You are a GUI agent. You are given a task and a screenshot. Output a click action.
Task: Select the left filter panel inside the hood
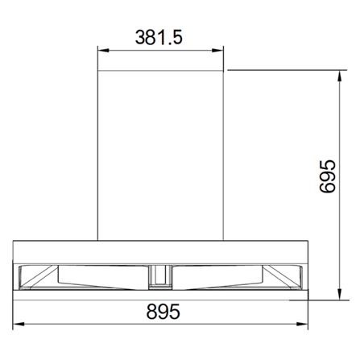point(85,277)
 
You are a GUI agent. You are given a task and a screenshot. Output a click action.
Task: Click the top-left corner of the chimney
point(98,71)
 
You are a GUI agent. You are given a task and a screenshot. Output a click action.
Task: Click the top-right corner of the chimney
point(225,71)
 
